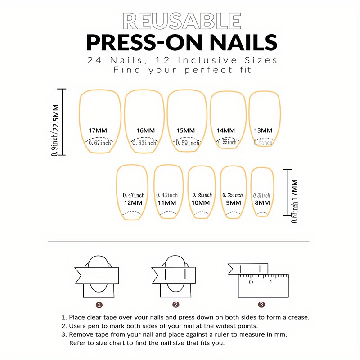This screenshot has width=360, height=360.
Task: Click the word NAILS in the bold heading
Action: coord(234,42)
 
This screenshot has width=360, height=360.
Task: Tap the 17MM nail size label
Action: coord(98,130)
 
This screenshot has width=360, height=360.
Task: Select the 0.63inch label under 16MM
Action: coord(145,143)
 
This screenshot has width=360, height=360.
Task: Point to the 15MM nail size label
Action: coord(186,130)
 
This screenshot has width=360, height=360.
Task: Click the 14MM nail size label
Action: coord(226,130)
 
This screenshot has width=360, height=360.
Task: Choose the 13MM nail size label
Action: coord(263,130)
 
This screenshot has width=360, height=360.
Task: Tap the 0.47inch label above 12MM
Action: coord(134,195)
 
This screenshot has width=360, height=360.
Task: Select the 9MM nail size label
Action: coord(232,203)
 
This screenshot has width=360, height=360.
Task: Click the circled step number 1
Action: coord(99,305)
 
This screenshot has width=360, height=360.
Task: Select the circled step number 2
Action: coord(176,305)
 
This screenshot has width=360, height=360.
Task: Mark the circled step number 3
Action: coord(262,305)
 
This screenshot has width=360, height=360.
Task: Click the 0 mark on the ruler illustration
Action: coord(251,282)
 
